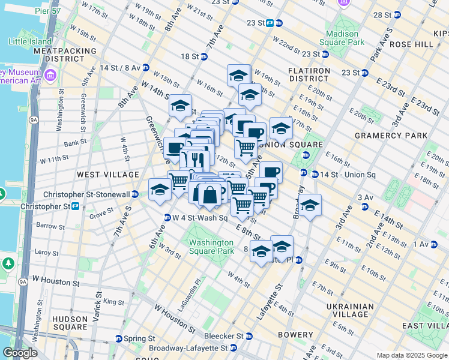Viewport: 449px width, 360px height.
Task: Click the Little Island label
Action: pyautogui.click(x=29, y=42)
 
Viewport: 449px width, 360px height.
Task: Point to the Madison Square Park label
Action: pyautogui.click(x=345, y=38)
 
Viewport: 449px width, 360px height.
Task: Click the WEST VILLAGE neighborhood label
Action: pyautogui.click(x=107, y=174)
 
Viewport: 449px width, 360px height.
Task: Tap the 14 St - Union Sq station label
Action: pyautogui.click(x=347, y=175)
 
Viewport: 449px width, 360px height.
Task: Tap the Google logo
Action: pyautogui.click(x=20, y=353)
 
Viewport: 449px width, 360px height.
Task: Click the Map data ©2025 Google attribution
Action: pyautogui.click(x=412, y=355)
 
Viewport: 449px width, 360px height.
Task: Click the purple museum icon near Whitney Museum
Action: pyautogui.click(x=50, y=75)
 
